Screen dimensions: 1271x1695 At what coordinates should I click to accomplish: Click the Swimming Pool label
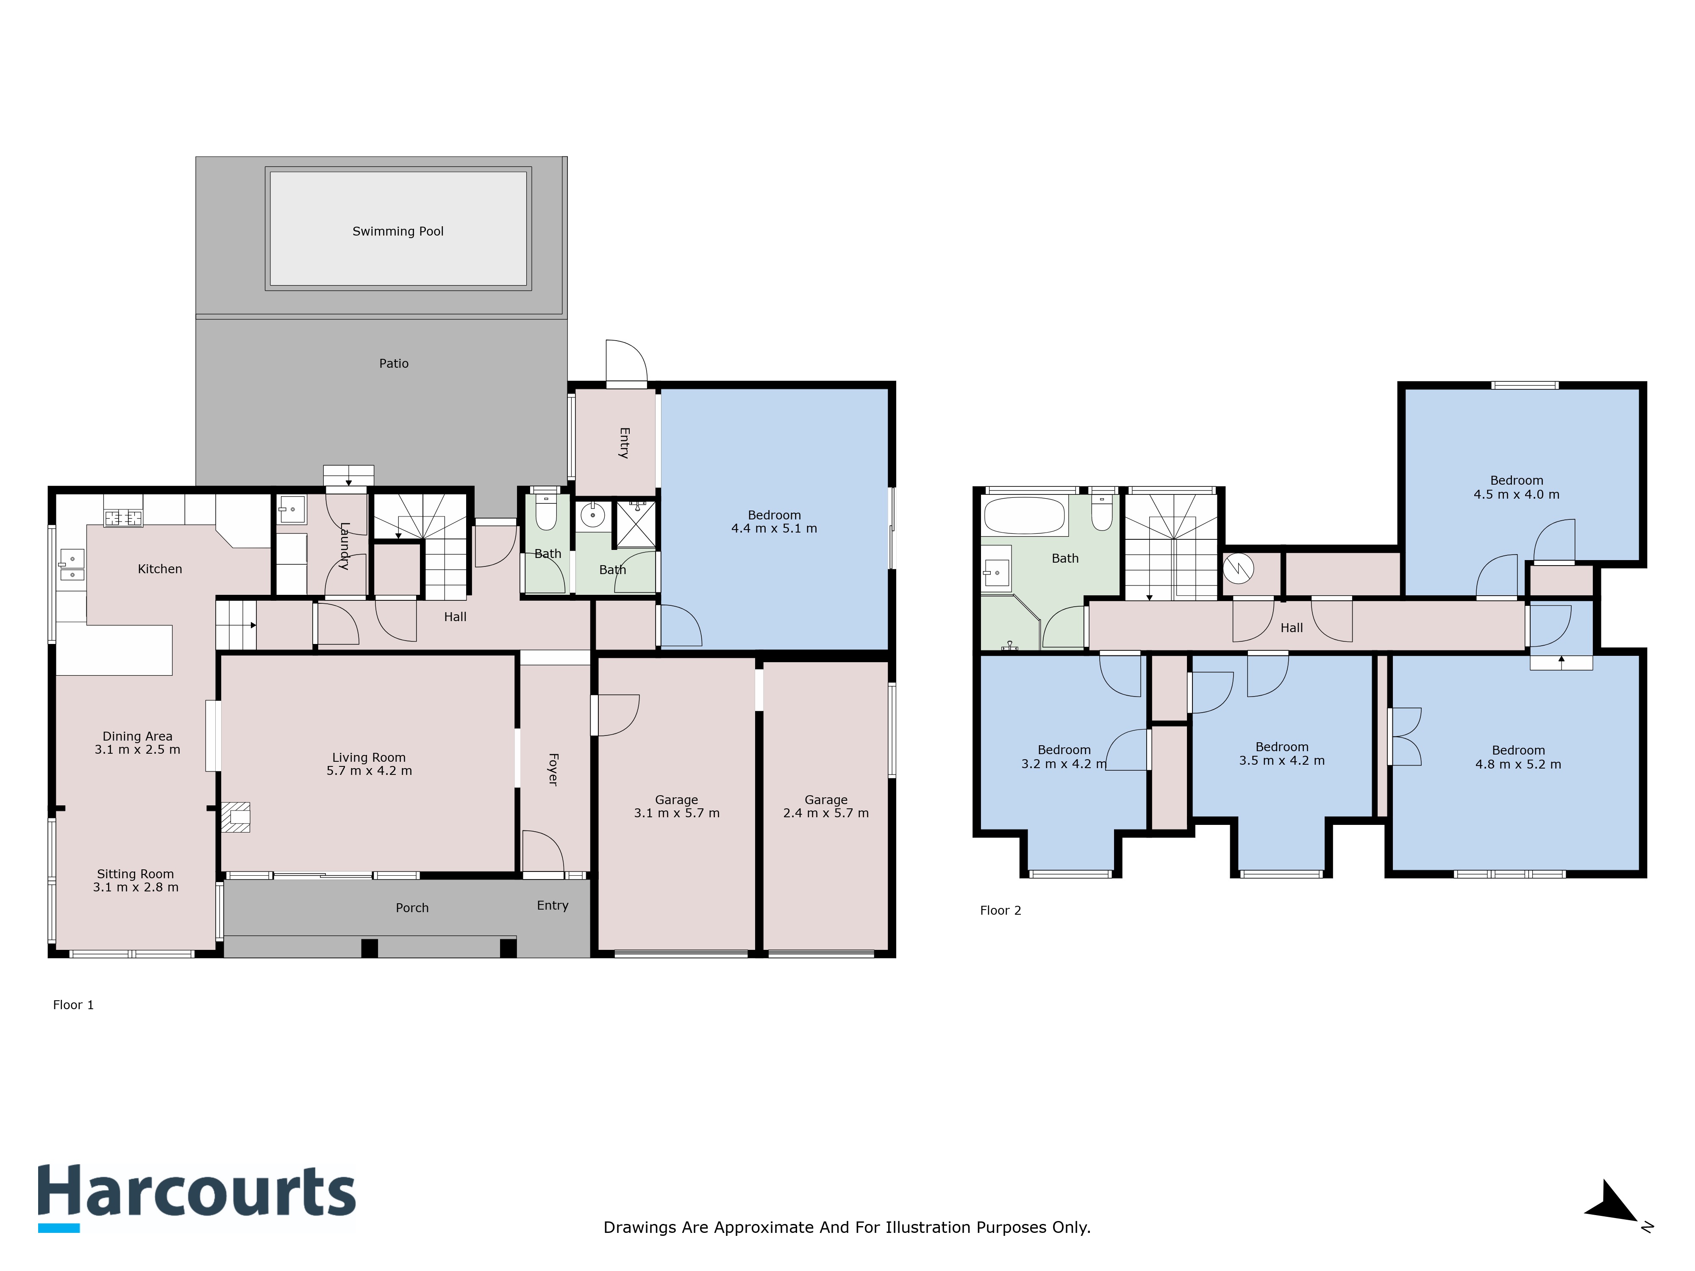point(398,231)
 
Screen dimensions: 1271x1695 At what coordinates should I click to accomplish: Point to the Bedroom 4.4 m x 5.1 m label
point(774,522)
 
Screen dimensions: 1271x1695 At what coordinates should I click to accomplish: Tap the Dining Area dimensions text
point(137,750)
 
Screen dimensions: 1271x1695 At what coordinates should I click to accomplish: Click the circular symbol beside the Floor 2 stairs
point(1238,568)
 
